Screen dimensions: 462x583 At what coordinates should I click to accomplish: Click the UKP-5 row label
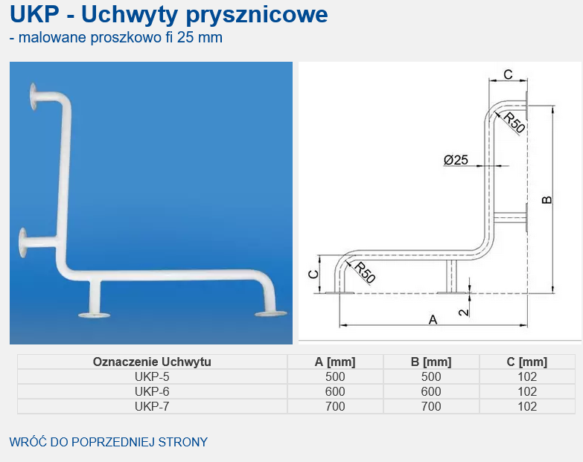point(152,376)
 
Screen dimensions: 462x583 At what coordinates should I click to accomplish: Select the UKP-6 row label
point(152,391)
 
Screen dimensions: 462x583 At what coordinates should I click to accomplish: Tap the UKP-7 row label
point(152,406)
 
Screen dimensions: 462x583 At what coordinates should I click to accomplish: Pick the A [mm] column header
point(335,362)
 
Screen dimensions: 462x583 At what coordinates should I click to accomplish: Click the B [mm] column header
point(431,362)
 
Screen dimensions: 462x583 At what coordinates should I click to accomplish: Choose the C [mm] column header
point(527,362)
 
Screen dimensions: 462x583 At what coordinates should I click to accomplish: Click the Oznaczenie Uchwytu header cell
point(152,362)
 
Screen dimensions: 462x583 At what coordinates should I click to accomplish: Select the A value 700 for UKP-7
point(335,406)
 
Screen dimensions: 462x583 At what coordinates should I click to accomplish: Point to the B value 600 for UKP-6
point(431,391)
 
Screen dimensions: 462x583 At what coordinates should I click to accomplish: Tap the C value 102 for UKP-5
point(527,376)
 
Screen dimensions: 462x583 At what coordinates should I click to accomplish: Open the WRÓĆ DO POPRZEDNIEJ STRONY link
point(109,442)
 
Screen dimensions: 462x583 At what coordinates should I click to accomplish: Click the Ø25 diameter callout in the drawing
point(456,159)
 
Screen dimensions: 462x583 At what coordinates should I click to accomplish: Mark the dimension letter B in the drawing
point(547,199)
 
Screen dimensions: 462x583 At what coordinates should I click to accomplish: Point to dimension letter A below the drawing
point(433,319)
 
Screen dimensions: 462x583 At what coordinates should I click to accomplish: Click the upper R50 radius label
point(514,122)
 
